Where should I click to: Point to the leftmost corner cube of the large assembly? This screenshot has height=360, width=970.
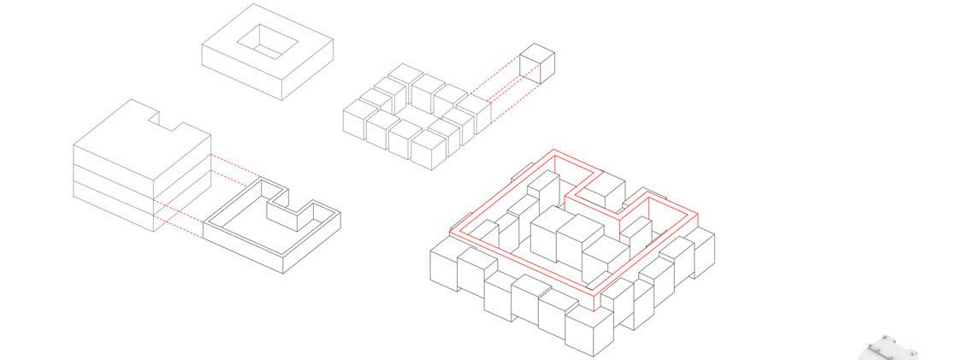coord(445,264)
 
